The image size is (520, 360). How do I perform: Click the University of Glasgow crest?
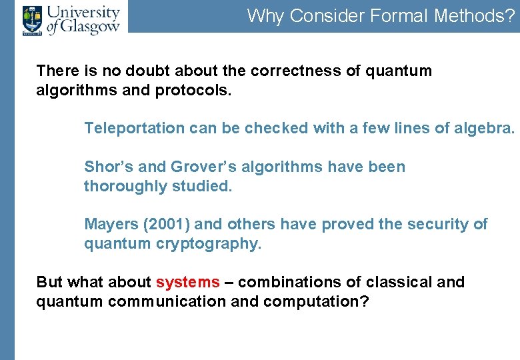point(31,19)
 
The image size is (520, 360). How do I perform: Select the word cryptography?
point(217,244)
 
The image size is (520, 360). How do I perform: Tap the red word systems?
point(187,283)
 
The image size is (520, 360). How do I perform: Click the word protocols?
point(193,90)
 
